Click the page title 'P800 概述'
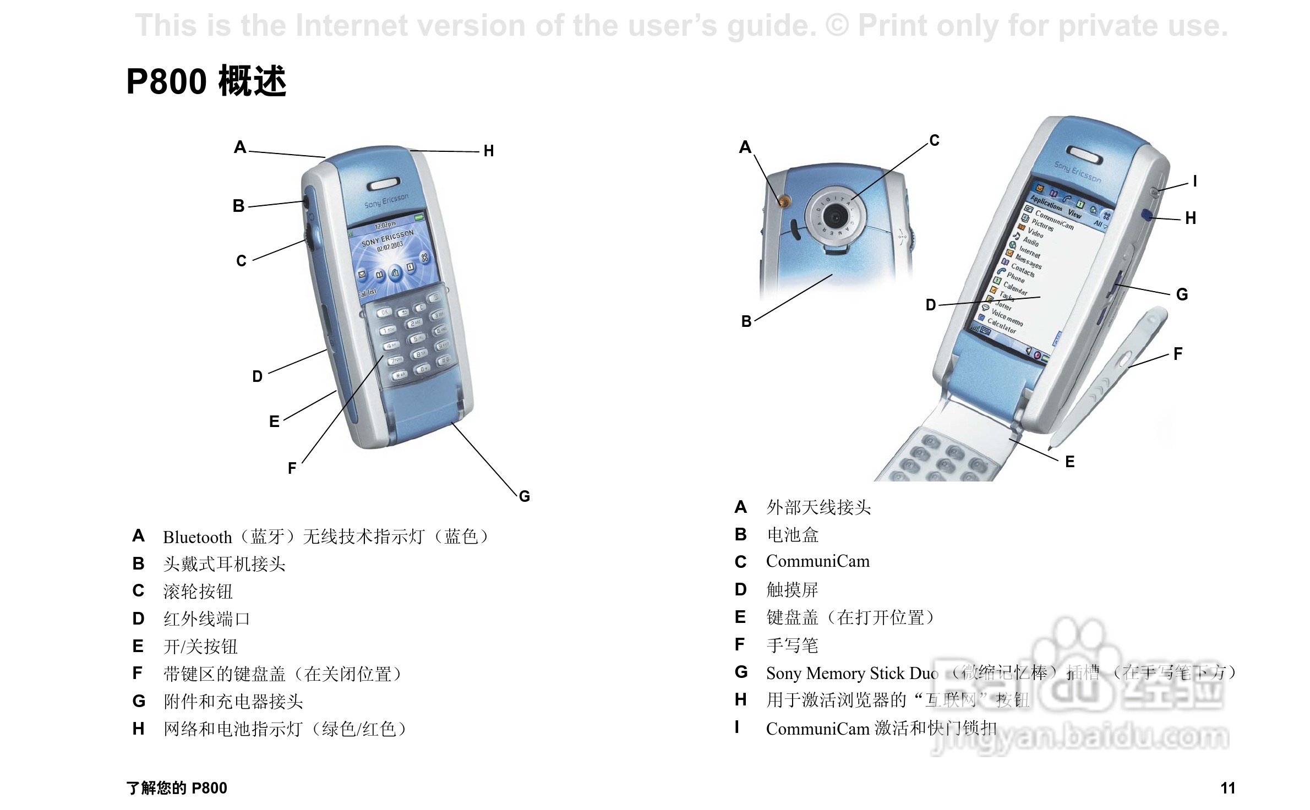(x=206, y=81)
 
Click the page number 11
(x=1227, y=788)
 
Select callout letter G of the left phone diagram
(x=525, y=496)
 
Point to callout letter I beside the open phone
(x=1195, y=181)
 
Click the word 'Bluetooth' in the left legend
(x=197, y=537)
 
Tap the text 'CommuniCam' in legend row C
(x=818, y=561)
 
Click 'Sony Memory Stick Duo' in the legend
(x=852, y=673)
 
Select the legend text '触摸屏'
(x=792, y=590)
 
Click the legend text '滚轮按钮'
(x=198, y=592)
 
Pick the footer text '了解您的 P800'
(x=177, y=788)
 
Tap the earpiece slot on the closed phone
(x=383, y=184)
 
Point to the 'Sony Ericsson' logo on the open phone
(x=1077, y=172)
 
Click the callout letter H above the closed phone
(x=489, y=151)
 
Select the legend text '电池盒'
(x=793, y=534)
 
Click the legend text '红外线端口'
(x=206, y=619)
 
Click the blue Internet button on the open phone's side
(x=1147, y=215)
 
